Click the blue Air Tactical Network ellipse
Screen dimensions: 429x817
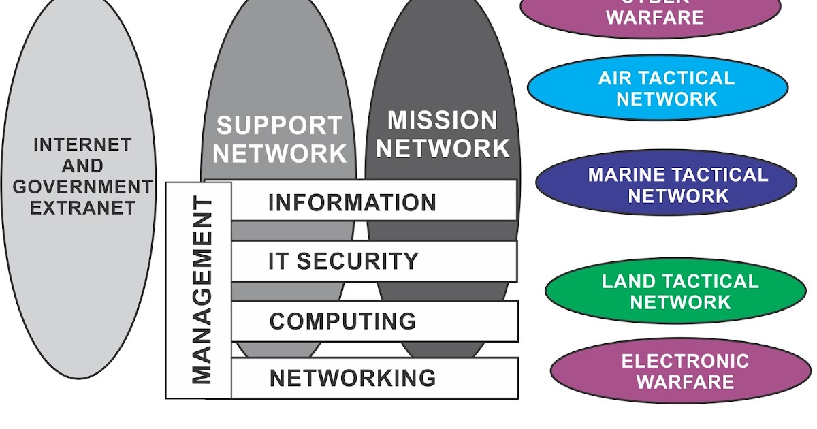(658, 88)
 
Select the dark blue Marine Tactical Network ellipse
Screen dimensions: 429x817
(666, 185)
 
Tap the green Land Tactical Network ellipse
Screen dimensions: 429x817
(675, 291)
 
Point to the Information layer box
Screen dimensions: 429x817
(373, 202)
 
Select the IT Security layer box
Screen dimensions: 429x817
(373, 261)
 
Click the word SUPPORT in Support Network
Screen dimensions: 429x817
(279, 126)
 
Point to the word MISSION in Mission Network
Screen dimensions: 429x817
(443, 121)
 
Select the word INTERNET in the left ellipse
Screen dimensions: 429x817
(82, 145)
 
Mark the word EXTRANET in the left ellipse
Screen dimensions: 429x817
(82, 207)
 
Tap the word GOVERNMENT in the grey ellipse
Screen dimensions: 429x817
(82, 187)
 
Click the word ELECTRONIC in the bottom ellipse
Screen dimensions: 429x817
(685, 361)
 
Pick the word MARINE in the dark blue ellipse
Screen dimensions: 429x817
(625, 175)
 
